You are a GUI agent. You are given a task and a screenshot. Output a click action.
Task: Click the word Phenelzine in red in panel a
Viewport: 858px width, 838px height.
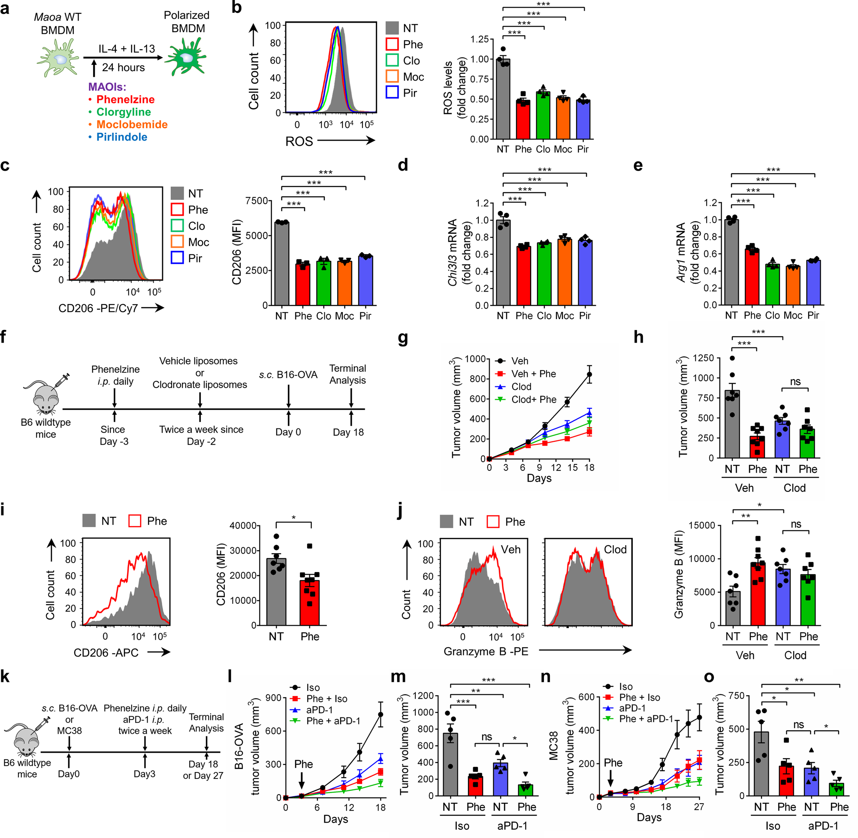click(x=125, y=99)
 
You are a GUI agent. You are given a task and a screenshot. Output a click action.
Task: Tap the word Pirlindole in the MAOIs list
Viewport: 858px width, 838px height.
click(x=121, y=137)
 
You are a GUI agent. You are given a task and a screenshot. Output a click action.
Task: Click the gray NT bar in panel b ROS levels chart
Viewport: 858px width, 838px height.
click(x=503, y=101)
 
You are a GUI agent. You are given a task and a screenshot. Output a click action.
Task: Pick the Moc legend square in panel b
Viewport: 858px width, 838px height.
click(x=392, y=77)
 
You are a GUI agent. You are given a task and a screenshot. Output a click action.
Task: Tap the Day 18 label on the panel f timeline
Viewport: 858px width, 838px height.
click(x=348, y=432)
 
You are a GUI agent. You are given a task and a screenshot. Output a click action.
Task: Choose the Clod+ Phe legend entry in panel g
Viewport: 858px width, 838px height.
click(x=534, y=399)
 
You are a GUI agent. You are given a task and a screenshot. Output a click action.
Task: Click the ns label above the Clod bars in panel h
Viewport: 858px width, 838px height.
click(x=795, y=382)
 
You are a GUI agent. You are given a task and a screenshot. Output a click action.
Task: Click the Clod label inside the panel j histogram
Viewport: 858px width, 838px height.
click(x=615, y=549)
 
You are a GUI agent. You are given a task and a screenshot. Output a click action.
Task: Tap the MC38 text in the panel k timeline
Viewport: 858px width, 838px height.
click(x=69, y=731)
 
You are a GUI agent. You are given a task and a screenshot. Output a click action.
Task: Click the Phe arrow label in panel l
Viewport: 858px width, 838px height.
click(x=303, y=764)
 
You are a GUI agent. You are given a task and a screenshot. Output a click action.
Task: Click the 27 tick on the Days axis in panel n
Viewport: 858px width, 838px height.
click(x=699, y=807)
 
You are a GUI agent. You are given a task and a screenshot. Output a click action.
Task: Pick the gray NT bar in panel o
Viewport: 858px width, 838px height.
click(x=761, y=764)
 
